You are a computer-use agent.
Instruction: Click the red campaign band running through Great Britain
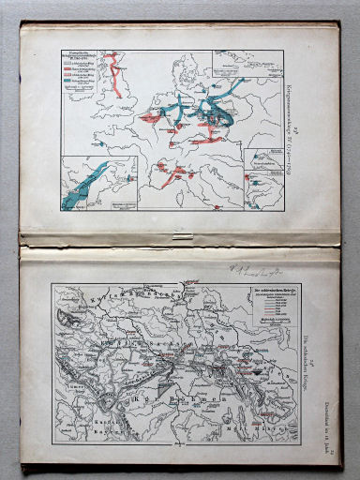point(116,75)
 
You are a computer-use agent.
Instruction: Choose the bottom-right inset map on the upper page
point(265,174)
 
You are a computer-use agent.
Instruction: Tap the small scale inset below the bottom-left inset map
point(118,204)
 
